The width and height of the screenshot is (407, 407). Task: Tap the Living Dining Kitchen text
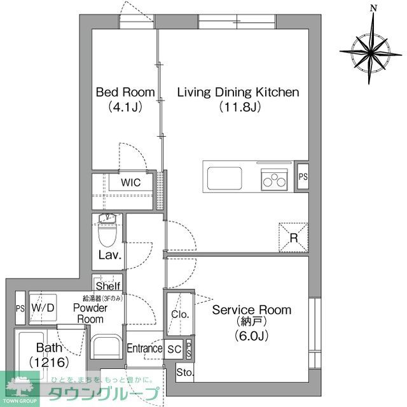tap(238, 92)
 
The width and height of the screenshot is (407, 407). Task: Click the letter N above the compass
tap(374, 8)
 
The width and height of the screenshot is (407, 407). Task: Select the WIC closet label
tap(131, 183)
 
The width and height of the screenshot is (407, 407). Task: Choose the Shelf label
tap(107, 286)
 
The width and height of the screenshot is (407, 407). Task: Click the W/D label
tap(42, 308)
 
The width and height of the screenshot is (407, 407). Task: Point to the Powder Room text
tap(90, 313)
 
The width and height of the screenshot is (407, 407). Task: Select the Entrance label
tap(144, 348)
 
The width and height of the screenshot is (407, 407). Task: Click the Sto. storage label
tap(184, 372)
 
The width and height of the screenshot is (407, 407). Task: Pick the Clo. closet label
tap(179, 314)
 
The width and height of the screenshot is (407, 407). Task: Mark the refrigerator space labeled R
tap(294, 237)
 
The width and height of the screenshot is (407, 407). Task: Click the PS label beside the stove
tap(303, 176)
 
